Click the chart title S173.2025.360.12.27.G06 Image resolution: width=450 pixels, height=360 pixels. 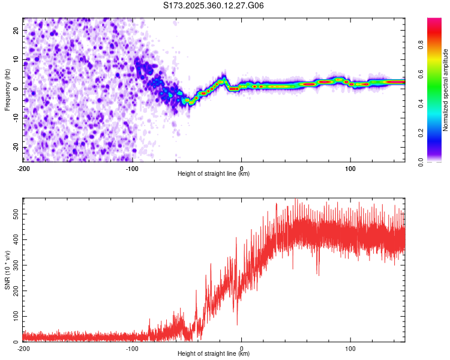214,5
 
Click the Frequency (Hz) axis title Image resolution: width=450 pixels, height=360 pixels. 7,89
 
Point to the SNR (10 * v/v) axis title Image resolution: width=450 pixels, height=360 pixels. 7,269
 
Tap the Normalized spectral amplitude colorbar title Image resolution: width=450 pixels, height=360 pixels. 445,90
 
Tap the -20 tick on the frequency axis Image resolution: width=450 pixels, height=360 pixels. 16,147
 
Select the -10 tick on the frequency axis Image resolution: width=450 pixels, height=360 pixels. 16,118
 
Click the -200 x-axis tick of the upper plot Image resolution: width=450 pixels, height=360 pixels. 24,167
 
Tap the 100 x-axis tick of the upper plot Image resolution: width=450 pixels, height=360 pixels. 350,167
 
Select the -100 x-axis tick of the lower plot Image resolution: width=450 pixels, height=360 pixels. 133,347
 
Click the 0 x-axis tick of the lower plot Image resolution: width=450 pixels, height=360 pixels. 242,347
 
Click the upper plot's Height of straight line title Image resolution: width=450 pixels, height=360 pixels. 214,174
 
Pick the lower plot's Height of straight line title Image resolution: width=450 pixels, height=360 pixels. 214,354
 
